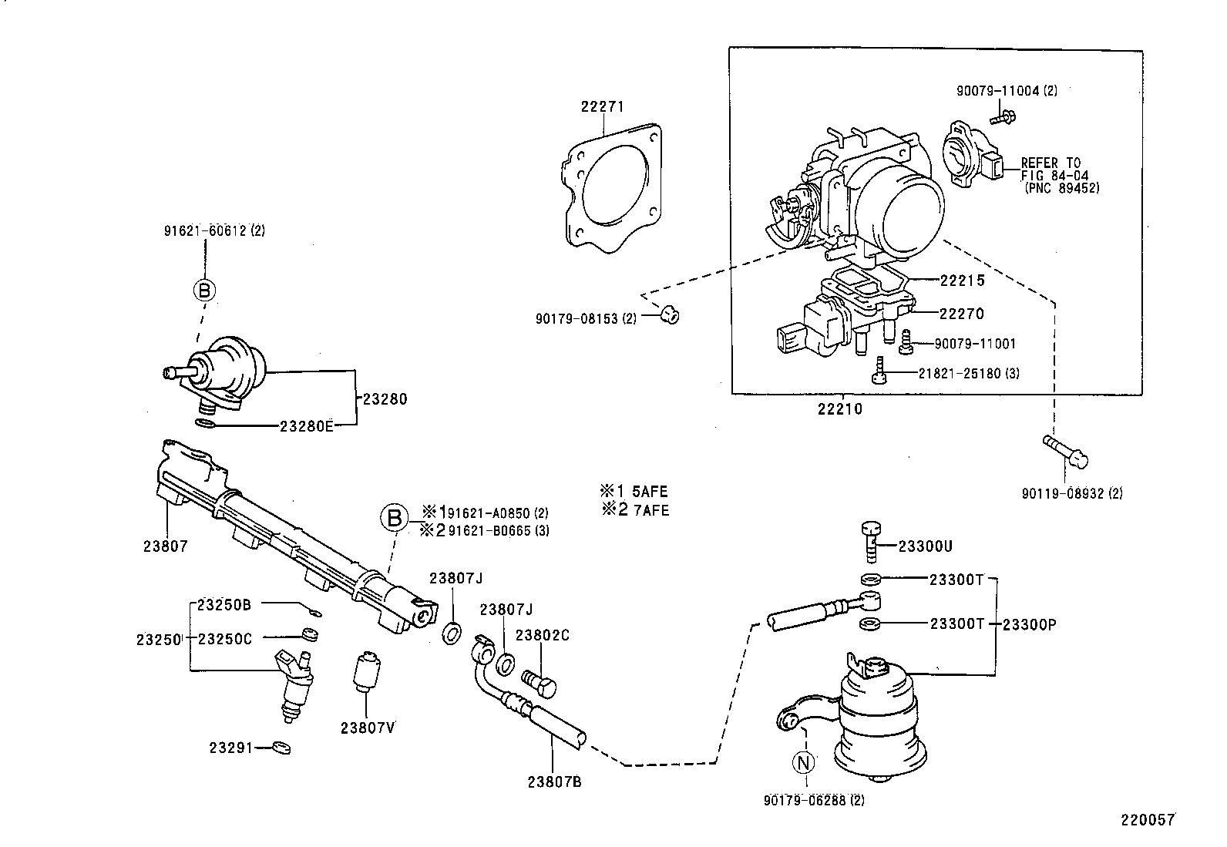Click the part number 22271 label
pyautogui.click(x=602, y=107)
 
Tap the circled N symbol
pyautogui.click(x=804, y=762)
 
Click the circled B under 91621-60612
pyautogui.click(x=204, y=291)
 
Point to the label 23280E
pyautogui.click(x=306, y=425)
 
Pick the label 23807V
pyautogui.click(x=368, y=727)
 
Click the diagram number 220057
pyautogui.click(x=1147, y=820)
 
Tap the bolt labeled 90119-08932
pyautogui.click(x=1066, y=451)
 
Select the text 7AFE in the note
pyautogui.click(x=650, y=509)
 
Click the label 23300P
pyautogui.click(x=1029, y=624)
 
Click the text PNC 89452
pyautogui.click(x=1063, y=188)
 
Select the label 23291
pyautogui.click(x=230, y=748)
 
